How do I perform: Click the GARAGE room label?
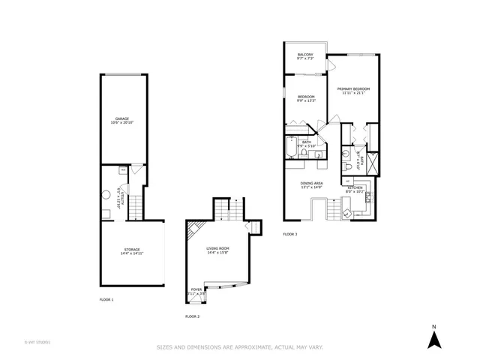pyautogui.click(x=121, y=118)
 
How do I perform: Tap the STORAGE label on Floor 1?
pyautogui.click(x=131, y=249)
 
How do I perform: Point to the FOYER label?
pyautogui.click(x=196, y=289)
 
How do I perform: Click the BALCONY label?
pyautogui.click(x=304, y=55)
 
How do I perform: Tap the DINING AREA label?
pyautogui.click(x=311, y=184)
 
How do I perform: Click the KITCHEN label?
pyautogui.click(x=355, y=187)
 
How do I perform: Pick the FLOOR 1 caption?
pyautogui.click(x=106, y=299)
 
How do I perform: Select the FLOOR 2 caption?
pyautogui.click(x=193, y=316)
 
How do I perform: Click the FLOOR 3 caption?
pyautogui.click(x=290, y=235)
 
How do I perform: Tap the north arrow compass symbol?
pyautogui.click(x=433, y=338)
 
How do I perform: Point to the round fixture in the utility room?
pyautogui.click(x=107, y=195)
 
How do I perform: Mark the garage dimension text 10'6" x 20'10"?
pyautogui.click(x=121, y=122)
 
